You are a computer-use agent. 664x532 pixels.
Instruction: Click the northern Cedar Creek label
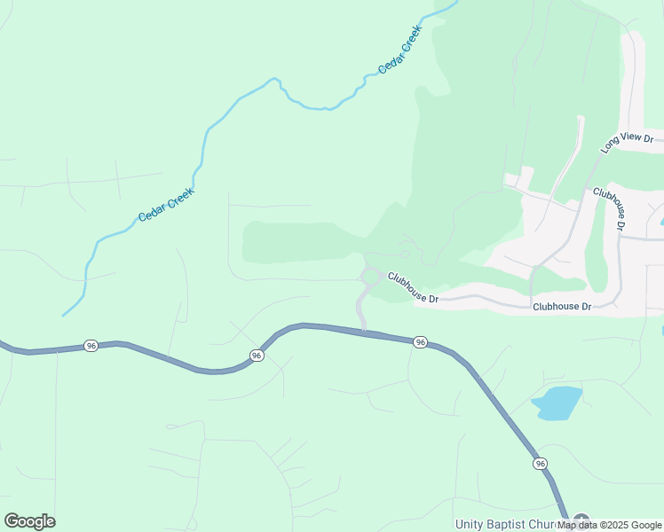[400, 49]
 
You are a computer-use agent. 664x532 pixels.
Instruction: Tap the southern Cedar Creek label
[166, 205]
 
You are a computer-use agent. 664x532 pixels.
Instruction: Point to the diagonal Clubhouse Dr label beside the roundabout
[413, 287]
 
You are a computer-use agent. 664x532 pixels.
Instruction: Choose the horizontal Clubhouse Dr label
[562, 306]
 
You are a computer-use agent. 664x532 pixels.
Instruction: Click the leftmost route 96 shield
[91, 345]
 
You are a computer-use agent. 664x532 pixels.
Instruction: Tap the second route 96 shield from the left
[257, 355]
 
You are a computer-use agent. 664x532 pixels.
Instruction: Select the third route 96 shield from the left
[421, 341]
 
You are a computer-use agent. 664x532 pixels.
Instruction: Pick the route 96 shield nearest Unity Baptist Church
[540, 464]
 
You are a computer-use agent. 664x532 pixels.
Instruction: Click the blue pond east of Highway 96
[557, 403]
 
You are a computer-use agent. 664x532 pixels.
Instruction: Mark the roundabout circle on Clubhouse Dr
[370, 278]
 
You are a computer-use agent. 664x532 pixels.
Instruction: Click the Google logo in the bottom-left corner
[29, 521]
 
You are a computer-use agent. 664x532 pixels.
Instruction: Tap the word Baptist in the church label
[514, 525]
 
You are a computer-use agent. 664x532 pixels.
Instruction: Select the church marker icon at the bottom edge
[581, 521]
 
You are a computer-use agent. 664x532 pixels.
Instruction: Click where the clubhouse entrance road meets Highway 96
[364, 331]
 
